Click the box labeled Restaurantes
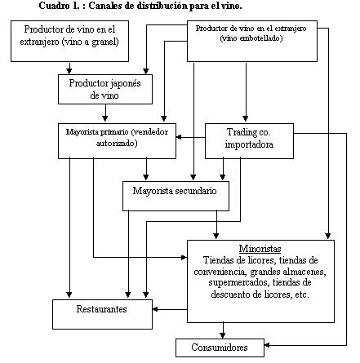point(102,314)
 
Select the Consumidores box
point(220,348)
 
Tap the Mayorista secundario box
point(176,196)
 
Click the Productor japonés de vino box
point(105,89)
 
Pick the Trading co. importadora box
point(249,141)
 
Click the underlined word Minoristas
point(260,249)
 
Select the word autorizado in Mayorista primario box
point(115,143)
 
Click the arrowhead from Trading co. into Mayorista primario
point(179,137)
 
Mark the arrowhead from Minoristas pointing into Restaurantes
point(155,309)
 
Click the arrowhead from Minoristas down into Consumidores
point(223,335)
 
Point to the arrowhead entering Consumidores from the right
point(267,345)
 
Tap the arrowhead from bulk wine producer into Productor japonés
point(69,71)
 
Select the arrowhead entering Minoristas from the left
point(184,257)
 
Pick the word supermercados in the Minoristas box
point(239,283)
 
